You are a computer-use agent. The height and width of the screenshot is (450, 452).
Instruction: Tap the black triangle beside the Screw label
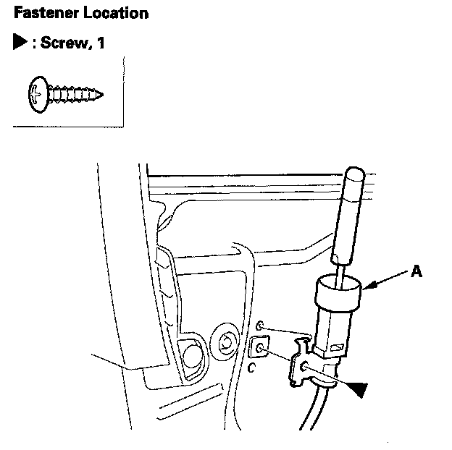[x=20, y=43]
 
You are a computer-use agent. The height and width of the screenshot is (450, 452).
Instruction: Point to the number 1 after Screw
[x=101, y=43]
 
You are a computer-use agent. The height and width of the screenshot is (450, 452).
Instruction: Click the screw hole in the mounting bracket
[x=305, y=368]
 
